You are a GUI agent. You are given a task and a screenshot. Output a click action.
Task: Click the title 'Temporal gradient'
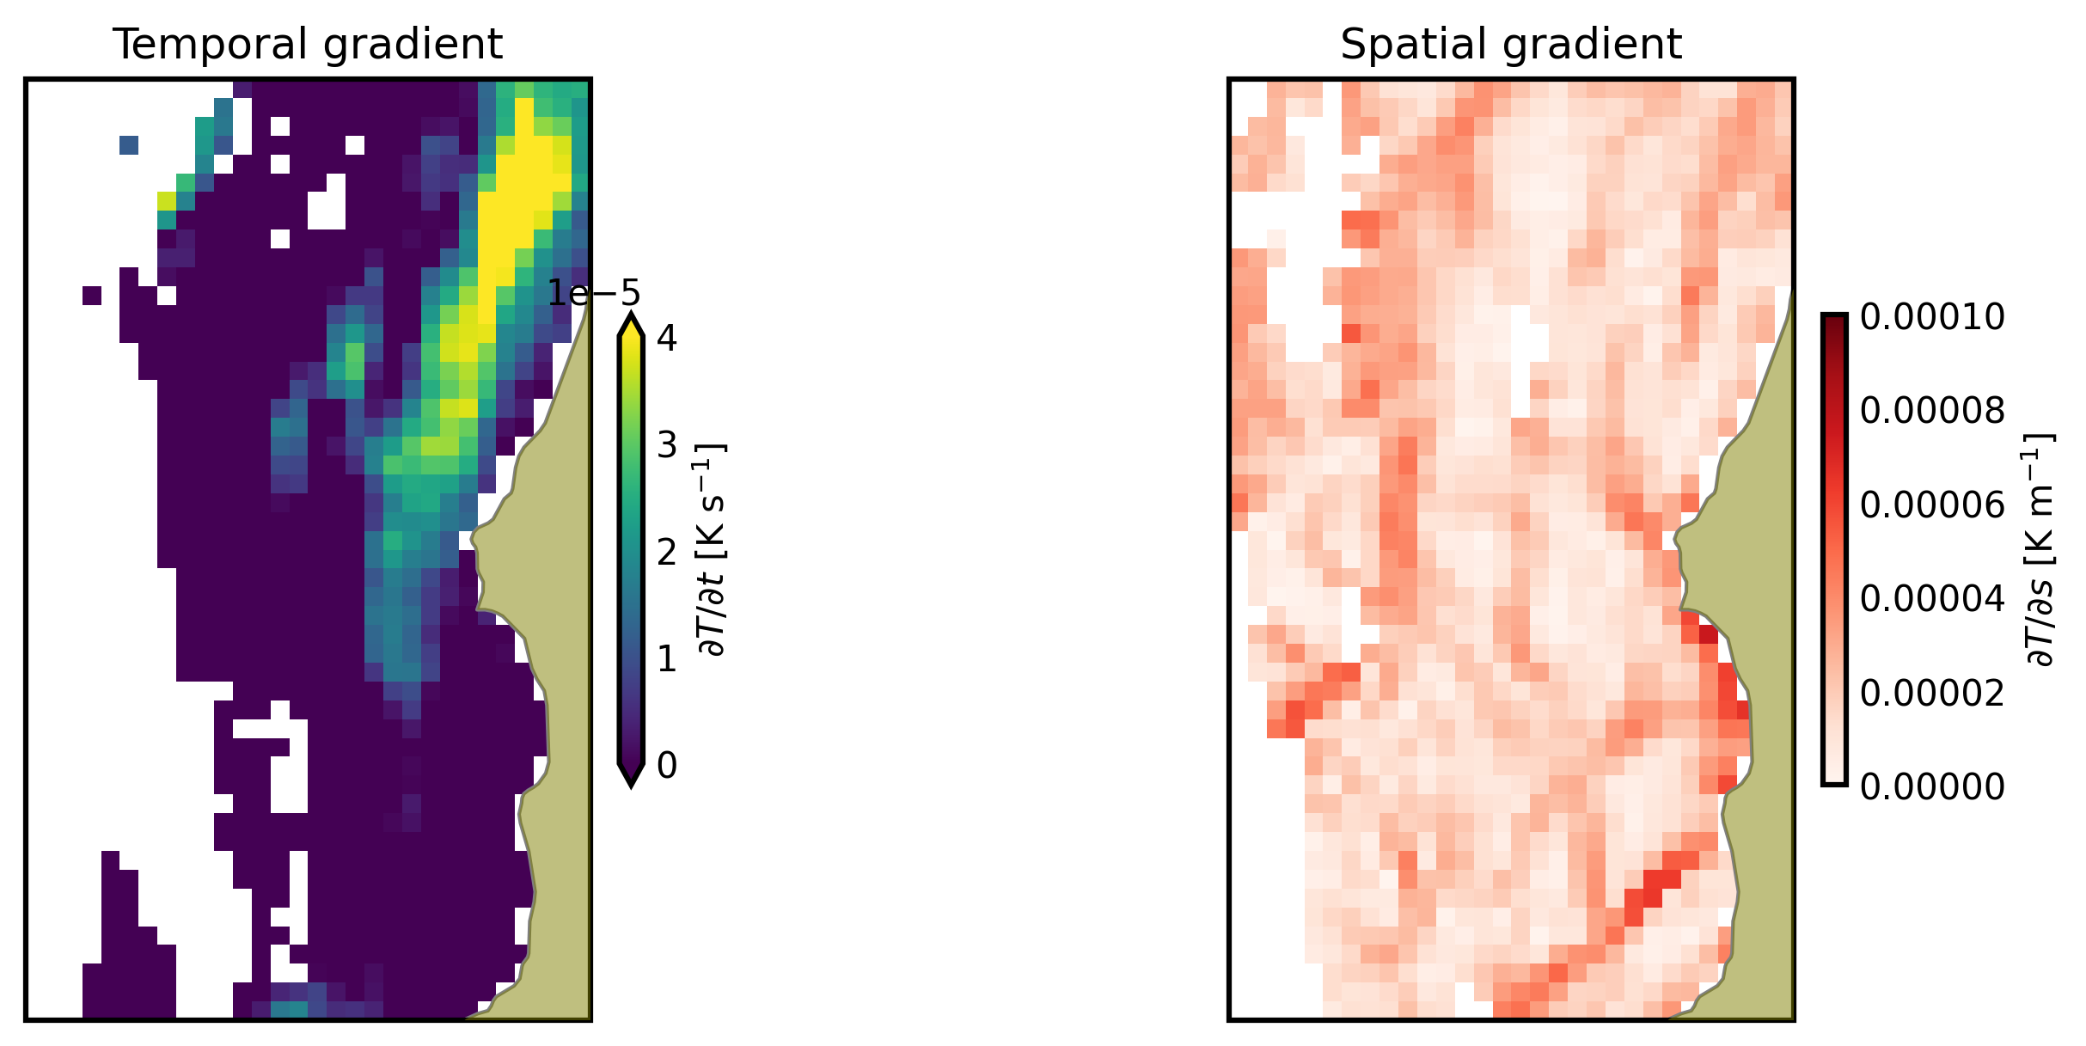click(308, 44)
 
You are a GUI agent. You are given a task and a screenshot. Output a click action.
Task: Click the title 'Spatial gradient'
click(1510, 44)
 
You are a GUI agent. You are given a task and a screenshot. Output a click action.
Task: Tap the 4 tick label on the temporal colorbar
click(667, 338)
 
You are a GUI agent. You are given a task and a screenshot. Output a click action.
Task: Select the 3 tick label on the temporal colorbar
click(667, 445)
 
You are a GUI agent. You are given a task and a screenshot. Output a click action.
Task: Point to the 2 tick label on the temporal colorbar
click(667, 552)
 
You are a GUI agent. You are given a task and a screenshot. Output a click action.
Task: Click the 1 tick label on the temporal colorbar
click(667, 659)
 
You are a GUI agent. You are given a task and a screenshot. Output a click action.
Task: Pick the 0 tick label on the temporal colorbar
click(667, 765)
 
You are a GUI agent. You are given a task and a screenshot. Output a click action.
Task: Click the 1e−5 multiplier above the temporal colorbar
click(594, 294)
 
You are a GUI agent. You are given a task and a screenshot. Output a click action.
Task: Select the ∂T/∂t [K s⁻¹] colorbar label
click(713, 550)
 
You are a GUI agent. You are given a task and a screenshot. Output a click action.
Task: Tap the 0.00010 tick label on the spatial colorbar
click(1932, 317)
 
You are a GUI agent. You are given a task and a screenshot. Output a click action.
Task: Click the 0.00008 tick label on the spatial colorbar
click(1932, 411)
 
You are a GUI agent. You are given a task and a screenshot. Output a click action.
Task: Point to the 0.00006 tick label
click(1932, 505)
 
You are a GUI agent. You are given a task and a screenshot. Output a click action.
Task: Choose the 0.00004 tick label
click(1932, 598)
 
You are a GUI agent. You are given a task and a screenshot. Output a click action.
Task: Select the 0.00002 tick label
click(1932, 692)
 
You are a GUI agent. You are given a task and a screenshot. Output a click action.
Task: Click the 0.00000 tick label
click(1932, 786)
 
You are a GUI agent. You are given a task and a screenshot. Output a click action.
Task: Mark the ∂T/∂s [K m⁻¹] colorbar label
click(2039, 550)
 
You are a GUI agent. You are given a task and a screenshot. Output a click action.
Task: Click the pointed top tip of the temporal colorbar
click(631, 319)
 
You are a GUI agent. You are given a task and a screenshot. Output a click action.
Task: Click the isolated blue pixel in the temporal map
click(129, 145)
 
